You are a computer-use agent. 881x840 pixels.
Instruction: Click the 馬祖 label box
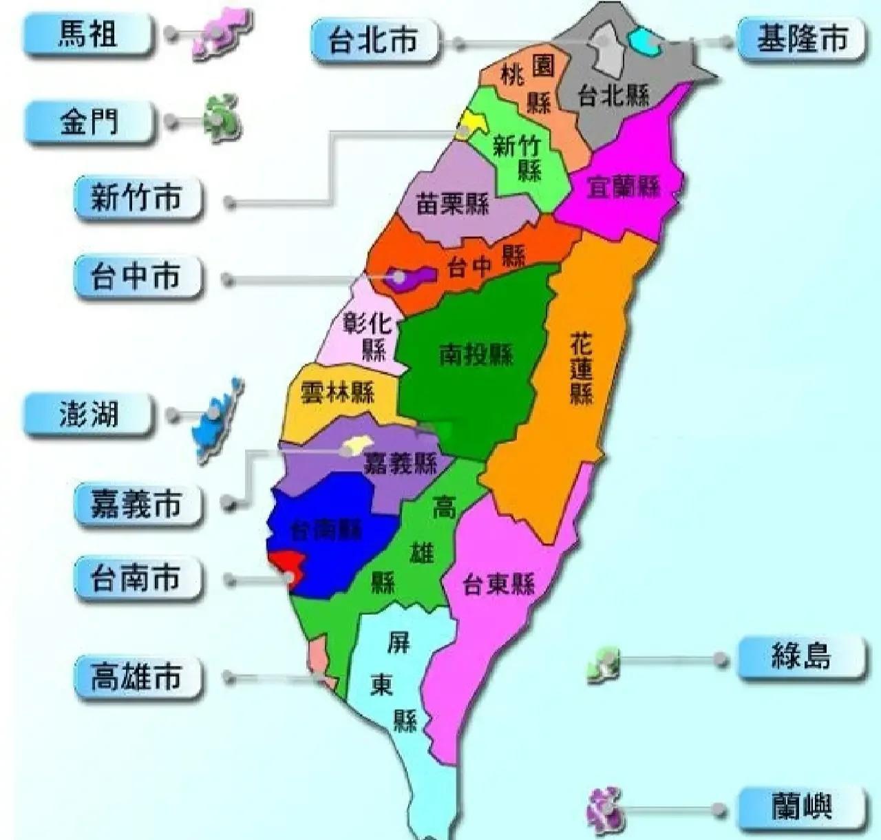(x=87, y=34)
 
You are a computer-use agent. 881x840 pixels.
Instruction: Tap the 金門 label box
(x=87, y=123)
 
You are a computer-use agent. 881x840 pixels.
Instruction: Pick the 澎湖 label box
(x=87, y=414)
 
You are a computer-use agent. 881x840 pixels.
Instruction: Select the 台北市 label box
(x=373, y=41)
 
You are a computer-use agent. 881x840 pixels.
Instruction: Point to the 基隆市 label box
(x=801, y=39)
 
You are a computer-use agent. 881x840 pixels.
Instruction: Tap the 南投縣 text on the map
(x=476, y=355)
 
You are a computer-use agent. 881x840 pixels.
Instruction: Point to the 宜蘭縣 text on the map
(x=623, y=187)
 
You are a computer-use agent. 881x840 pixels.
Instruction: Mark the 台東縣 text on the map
(x=498, y=585)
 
